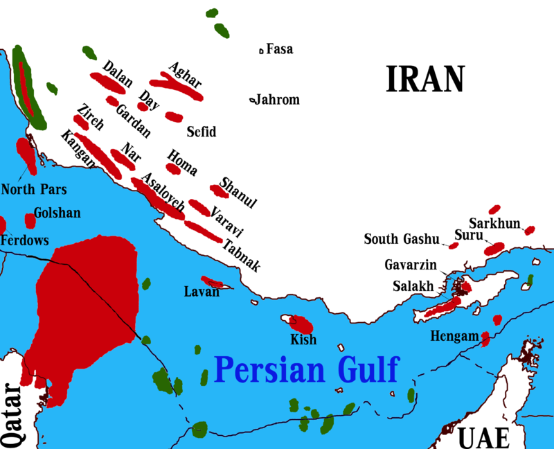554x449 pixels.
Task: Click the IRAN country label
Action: pos(425,79)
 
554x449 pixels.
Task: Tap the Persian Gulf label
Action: pos(307,369)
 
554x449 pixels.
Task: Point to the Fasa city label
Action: pos(280,49)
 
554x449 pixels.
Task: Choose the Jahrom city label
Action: pos(278,100)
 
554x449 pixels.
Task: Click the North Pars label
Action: pos(28,188)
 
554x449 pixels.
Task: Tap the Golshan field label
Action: pos(57,214)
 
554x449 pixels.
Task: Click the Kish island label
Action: pos(304,340)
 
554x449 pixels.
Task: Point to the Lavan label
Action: pos(202,292)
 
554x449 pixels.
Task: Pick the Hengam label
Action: pos(454,336)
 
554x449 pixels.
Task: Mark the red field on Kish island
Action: pos(303,323)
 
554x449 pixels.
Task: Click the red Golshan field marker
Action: pos(30,221)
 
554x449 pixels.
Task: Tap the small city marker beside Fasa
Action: pos(261,50)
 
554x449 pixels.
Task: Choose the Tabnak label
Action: pos(242,256)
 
